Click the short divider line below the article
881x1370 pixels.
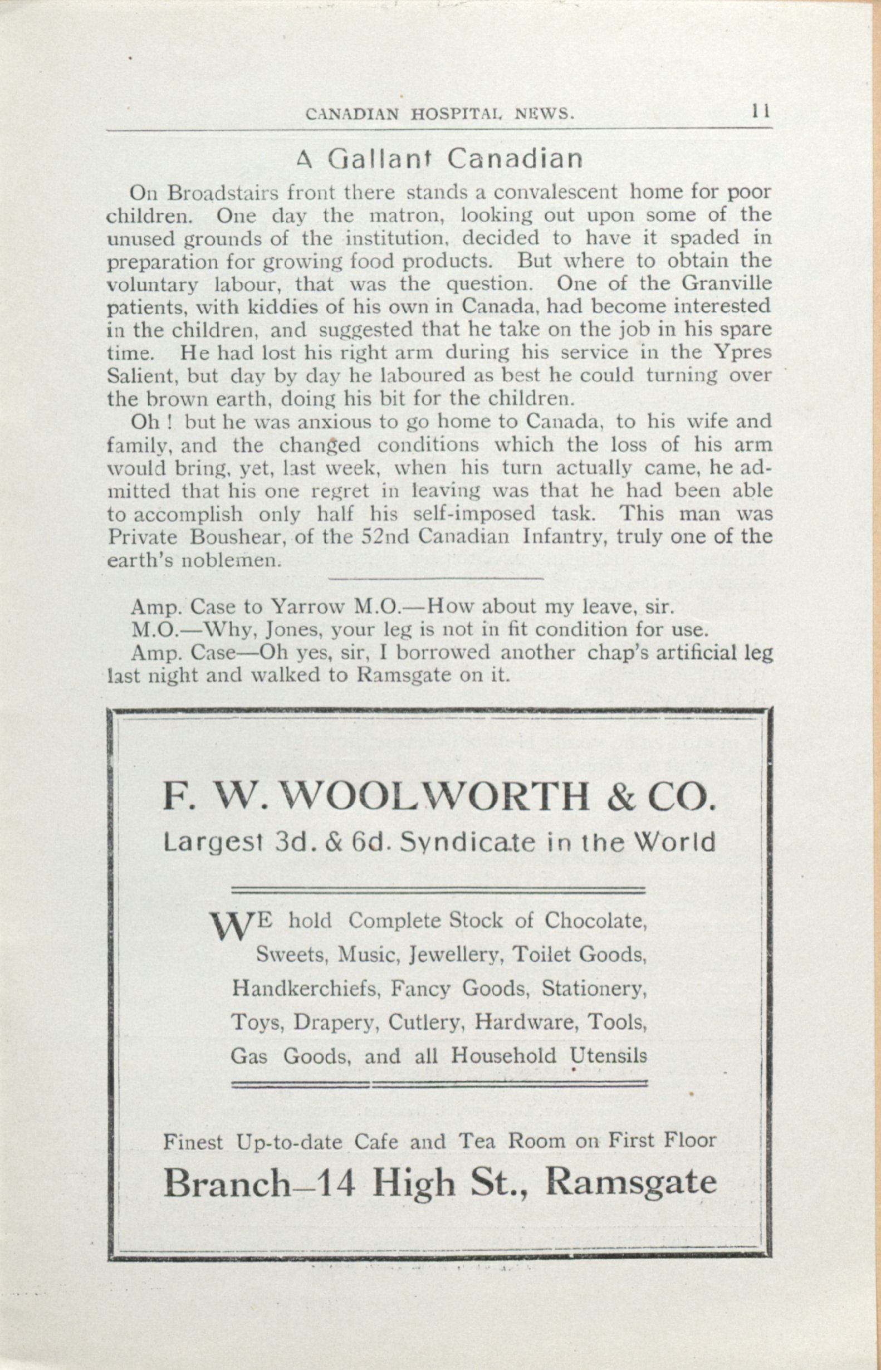click(x=436, y=579)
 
